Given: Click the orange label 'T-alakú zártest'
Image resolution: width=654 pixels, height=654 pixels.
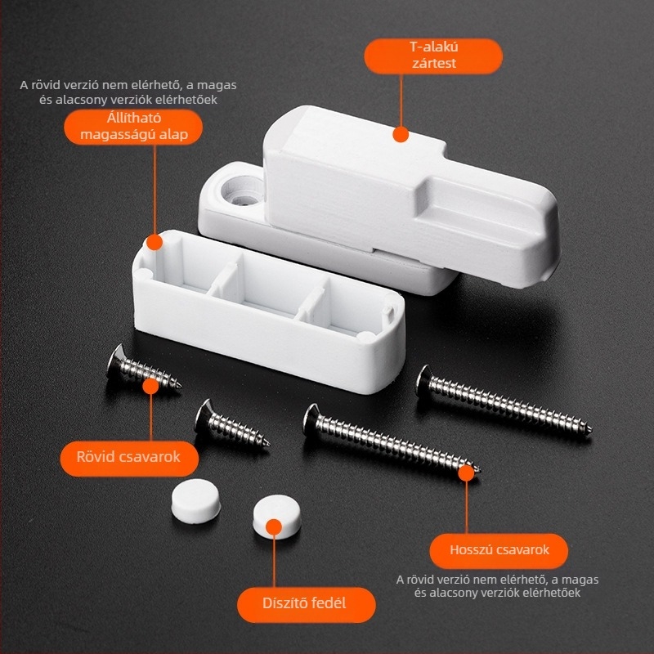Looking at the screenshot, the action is (433, 56).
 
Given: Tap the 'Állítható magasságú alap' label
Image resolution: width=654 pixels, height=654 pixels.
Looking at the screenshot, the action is (133, 127).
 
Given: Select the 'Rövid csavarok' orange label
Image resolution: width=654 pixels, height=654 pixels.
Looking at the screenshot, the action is (129, 458).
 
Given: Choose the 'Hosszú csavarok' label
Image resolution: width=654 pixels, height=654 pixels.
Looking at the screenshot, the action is (499, 550).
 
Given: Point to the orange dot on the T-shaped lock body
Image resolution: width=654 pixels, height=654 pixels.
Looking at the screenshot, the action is (401, 134).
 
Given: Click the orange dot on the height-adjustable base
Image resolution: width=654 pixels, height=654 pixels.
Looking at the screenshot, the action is (155, 242).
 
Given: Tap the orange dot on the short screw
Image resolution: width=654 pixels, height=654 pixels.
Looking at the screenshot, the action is (150, 386).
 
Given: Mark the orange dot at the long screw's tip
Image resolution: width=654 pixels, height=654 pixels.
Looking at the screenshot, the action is (466, 473).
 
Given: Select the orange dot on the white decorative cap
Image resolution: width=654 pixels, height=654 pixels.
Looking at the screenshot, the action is (274, 527).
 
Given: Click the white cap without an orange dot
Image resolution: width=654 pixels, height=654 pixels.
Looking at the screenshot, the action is (195, 501).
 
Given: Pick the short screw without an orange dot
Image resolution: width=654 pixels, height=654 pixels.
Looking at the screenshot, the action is (231, 424).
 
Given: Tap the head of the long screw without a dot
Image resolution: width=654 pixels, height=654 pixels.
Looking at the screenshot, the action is (423, 380).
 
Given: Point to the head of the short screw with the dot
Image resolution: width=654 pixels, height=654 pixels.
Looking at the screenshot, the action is (116, 360).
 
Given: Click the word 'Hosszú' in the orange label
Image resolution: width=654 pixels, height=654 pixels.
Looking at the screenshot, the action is (473, 550).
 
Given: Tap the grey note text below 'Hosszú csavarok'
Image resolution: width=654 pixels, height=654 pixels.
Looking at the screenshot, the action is (497, 586).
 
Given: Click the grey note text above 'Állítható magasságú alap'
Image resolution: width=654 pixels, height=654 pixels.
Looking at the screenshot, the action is (128, 92).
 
